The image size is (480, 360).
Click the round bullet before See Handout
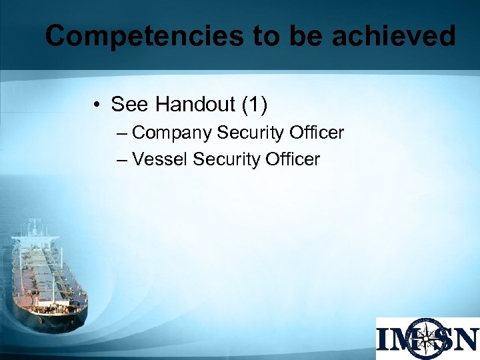(97, 105)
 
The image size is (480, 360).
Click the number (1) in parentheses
(254, 105)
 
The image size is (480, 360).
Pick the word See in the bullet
(129, 105)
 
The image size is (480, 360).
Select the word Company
(173, 133)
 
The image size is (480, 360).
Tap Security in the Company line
(251, 133)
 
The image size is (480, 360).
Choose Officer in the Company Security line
(317, 133)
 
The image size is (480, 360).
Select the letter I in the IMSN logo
(386, 339)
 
